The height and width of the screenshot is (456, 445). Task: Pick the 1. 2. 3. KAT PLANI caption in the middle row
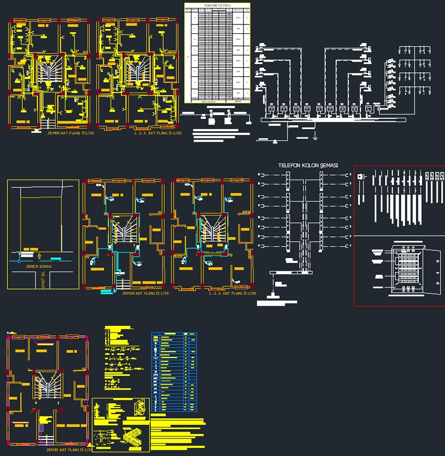pyautogui.click(x=233, y=293)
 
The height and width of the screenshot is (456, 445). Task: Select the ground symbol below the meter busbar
pyautogui.click(x=314, y=135)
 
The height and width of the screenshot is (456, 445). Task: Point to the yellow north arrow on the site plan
pyautogui.click(x=39, y=256)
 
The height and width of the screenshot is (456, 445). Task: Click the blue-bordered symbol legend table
pyautogui.click(x=174, y=371)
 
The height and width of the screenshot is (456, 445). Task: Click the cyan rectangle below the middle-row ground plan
pyautogui.click(x=105, y=291)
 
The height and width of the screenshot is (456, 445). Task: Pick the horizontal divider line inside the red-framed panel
pyautogui.click(x=399, y=236)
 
